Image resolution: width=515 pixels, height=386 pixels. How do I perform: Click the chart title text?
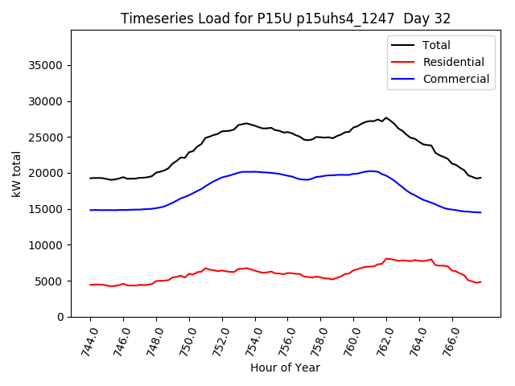286,18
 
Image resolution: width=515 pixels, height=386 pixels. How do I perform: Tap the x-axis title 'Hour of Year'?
285,368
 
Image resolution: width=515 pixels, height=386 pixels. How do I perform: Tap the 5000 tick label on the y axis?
51,281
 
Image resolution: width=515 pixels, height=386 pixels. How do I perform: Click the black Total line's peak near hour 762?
385,117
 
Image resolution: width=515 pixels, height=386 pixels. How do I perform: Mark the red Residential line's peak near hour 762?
386,258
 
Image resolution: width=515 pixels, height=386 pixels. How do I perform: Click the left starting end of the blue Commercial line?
90,210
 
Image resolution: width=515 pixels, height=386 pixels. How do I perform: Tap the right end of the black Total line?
480,178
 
